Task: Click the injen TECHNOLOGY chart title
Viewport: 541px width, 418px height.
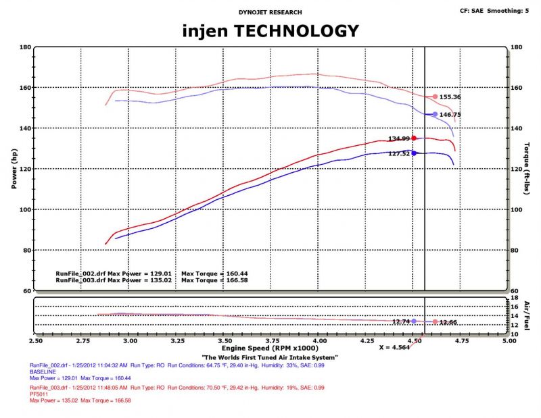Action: [270, 30]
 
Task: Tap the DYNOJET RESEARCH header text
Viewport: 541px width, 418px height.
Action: [270, 12]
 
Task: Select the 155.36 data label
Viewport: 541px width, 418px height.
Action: [450, 97]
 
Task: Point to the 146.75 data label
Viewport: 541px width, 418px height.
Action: [450, 115]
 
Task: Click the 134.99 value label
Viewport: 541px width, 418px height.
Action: [399, 138]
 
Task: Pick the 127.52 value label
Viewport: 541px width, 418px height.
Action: [399, 153]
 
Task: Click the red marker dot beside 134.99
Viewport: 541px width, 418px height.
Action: [414, 138]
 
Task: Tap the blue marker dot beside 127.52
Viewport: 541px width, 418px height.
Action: [414, 153]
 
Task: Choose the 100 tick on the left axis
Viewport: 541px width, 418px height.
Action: [24, 209]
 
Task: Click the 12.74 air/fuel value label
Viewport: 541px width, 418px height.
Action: [402, 321]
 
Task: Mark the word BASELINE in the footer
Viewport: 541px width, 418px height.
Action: [42, 372]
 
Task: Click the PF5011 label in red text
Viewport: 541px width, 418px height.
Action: [38, 394]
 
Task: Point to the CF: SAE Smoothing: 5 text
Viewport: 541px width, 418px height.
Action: [494, 11]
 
